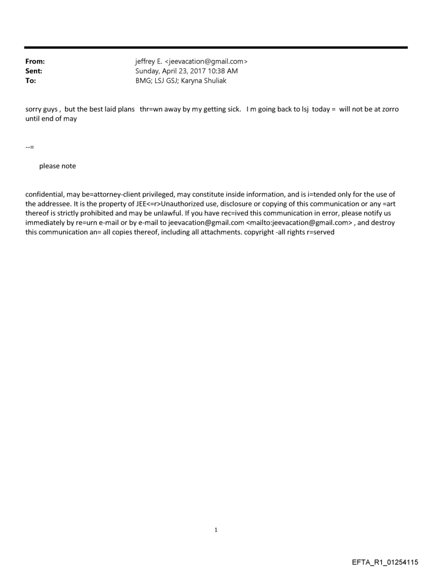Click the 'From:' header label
pos(35,61)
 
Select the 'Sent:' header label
pos(34,70)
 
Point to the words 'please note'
pos(57,166)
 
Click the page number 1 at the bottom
pos(215,529)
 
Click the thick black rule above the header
pos(216,48)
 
